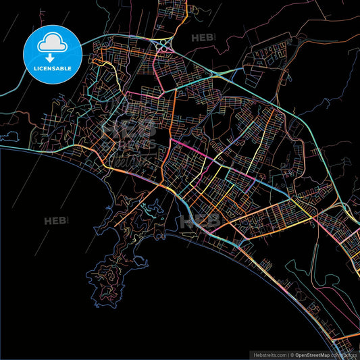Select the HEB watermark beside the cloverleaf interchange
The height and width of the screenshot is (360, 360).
coord(203,38)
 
